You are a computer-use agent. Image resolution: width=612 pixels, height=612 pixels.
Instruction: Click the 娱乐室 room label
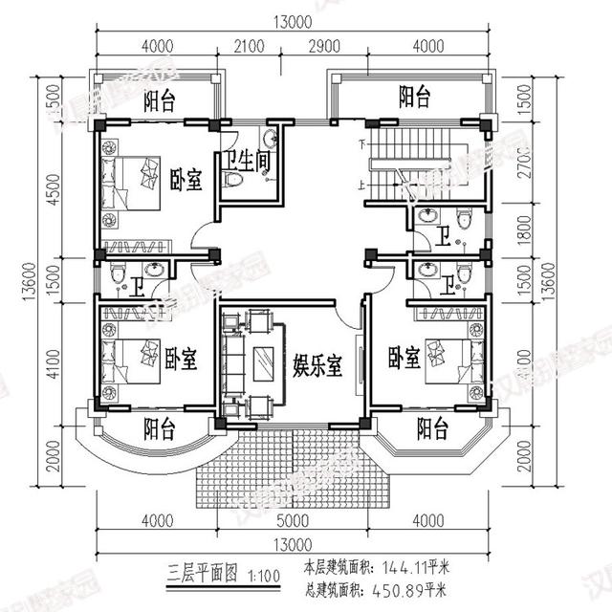pyautogui.click(x=316, y=363)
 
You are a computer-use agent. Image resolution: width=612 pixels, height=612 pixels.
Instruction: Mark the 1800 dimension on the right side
pyautogui.click(x=546, y=230)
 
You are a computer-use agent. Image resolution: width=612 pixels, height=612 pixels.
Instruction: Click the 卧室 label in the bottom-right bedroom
pyautogui.click(x=404, y=359)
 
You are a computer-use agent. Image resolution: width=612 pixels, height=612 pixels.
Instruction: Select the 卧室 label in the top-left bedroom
pyautogui.click(x=186, y=180)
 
